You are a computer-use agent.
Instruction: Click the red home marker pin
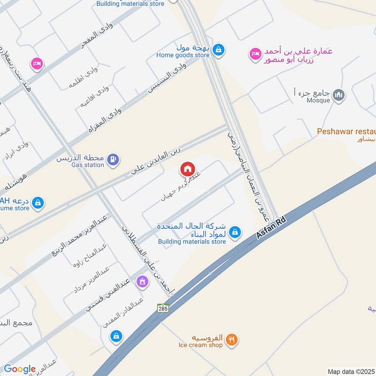coord(188,168)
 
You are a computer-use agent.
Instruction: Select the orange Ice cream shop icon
coord(231,340)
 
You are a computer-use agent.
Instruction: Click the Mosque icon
coord(338,96)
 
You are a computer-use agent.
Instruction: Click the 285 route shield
coord(163,308)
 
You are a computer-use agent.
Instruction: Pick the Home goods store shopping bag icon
coord(218,49)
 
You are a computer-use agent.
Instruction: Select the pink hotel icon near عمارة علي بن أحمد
coord(255,55)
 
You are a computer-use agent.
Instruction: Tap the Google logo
coord(20,369)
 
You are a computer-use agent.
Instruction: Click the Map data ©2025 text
coord(350,372)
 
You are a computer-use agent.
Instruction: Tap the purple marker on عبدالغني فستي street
coord(141,282)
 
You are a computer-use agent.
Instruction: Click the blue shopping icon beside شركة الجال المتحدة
coord(236,232)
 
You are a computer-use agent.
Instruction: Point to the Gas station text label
coord(87,165)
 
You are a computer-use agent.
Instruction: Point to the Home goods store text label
coord(183,55)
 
